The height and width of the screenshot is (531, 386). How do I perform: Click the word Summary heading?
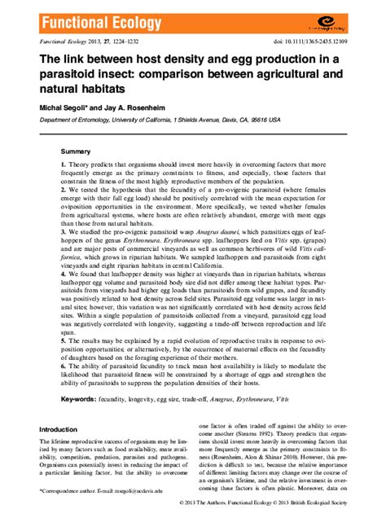pyautogui.click(x=77, y=152)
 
